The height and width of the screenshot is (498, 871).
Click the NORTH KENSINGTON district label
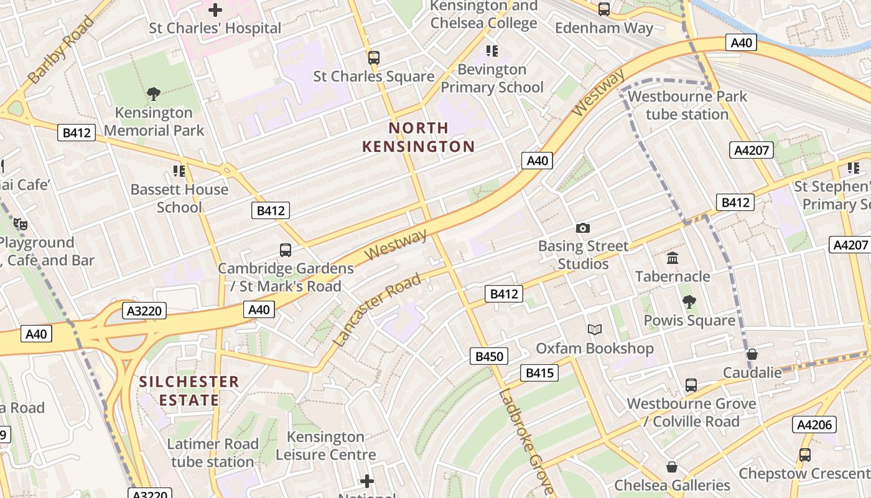(x=418, y=138)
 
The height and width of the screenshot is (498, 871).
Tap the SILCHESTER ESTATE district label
(x=189, y=390)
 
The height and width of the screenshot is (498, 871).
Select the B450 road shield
(x=489, y=356)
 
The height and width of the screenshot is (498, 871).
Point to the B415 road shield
(x=539, y=373)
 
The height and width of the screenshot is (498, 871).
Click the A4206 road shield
(x=813, y=425)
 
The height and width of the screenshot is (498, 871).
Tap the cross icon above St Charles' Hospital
(x=215, y=10)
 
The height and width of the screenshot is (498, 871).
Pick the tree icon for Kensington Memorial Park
(x=154, y=94)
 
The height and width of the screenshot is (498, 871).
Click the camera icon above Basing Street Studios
(x=582, y=228)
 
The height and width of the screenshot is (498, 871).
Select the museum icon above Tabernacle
(x=672, y=258)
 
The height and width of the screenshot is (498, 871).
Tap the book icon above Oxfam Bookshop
(x=595, y=329)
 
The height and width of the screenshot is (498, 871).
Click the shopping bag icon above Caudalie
(x=752, y=354)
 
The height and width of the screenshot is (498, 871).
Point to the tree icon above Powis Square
(x=689, y=302)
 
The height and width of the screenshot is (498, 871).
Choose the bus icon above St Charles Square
(x=373, y=58)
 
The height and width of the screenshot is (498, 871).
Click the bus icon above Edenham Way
(x=603, y=9)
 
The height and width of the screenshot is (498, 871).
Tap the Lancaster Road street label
(x=378, y=310)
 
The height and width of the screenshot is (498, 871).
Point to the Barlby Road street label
(x=61, y=49)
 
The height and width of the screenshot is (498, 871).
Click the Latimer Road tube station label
(x=212, y=453)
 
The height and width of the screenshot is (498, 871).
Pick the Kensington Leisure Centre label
(x=325, y=446)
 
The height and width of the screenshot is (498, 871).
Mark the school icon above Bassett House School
(x=179, y=171)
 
